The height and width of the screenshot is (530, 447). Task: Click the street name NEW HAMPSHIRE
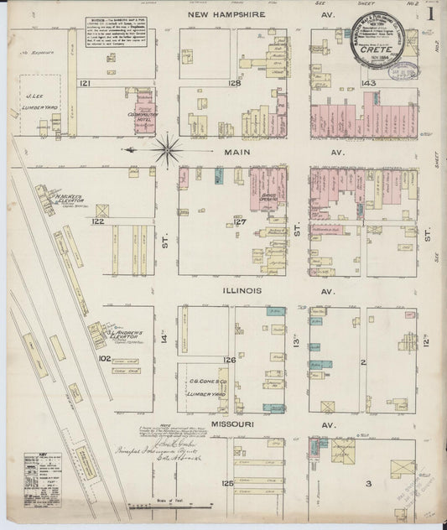[226, 15]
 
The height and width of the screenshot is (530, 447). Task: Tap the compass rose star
[169, 148]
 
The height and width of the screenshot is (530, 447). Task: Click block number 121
[85, 84]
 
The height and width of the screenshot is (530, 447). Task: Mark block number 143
[366, 84]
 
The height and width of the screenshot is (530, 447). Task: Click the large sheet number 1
[429, 14]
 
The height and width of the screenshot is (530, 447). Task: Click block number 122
[98, 221]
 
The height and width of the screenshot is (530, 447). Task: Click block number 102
[104, 357]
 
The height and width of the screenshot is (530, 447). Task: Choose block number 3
[367, 484]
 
